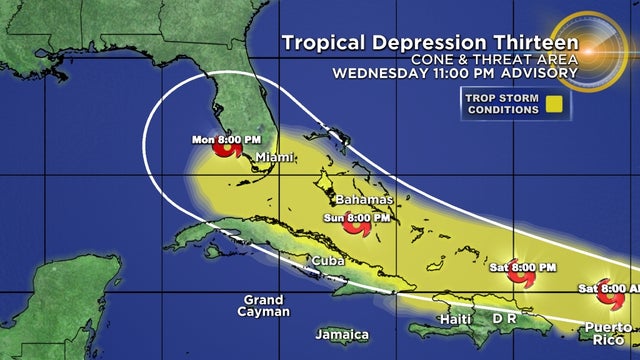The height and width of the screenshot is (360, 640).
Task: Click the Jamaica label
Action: click(341, 334)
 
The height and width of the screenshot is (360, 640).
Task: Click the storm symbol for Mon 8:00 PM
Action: click(229, 151)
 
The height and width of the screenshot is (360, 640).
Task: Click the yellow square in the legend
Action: click(550, 103)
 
